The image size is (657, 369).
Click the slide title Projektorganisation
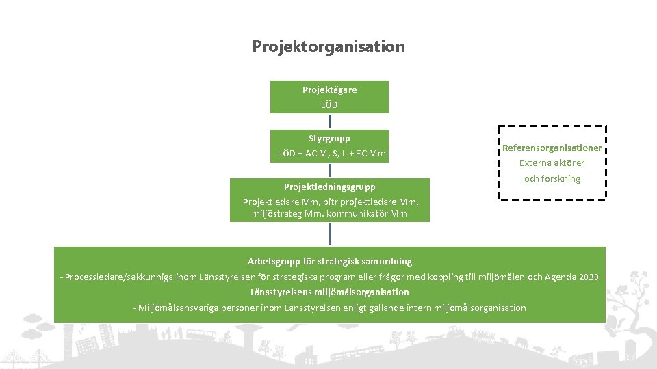328,46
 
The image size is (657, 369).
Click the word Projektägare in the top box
329,90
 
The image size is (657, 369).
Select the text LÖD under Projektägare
329,105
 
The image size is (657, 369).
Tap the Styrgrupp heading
329,138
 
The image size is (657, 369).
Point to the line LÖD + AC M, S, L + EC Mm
332,154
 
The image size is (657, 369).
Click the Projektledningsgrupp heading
329,186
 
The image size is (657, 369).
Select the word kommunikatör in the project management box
363,213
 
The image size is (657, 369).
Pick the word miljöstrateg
276,213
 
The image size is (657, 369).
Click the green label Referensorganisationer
552,148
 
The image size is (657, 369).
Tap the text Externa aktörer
552,163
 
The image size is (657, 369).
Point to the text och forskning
552,178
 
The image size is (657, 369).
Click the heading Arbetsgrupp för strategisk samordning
329,261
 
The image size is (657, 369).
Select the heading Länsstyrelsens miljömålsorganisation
329,292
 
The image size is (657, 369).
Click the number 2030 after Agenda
589,277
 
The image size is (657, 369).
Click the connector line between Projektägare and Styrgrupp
330,122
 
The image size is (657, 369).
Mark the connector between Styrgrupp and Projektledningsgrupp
330,170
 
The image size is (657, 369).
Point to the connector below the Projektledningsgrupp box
330,234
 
